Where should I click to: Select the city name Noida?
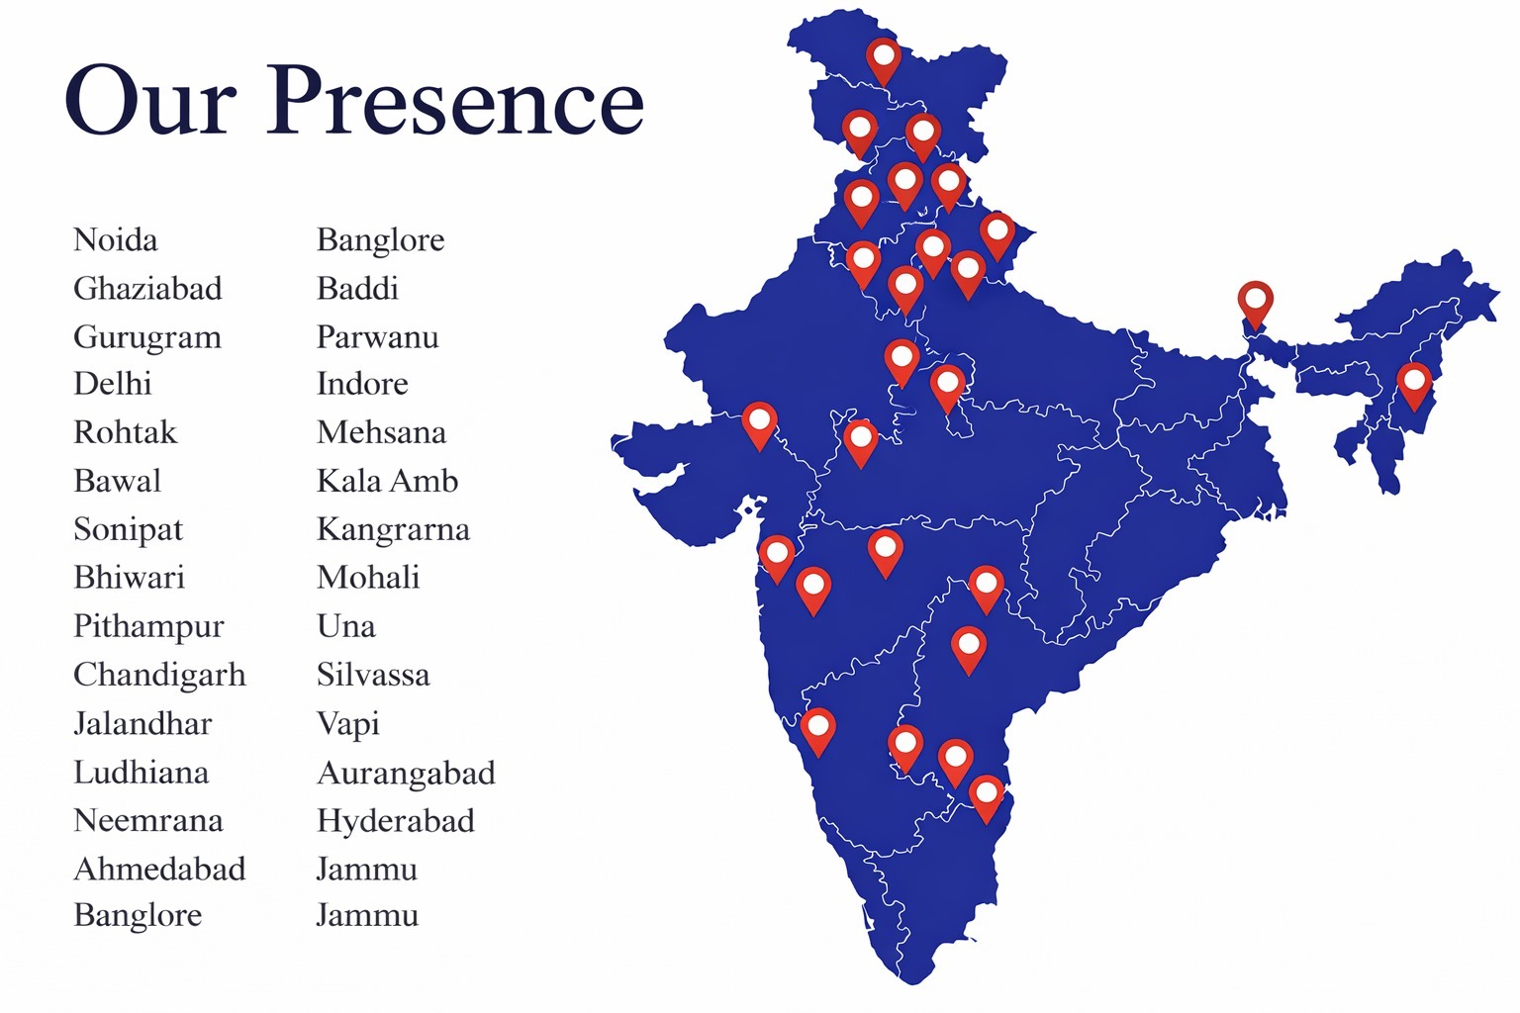pyautogui.click(x=116, y=240)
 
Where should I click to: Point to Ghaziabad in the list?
pyautogui.click(x=147, y=289)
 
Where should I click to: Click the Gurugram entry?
pyautogui.click(x=147, y=337)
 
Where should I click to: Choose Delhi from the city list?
pyautogui.click(x=113, y=384)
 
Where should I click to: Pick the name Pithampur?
pyautogui.click(x=148, y=626)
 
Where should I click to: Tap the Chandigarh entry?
pyautogui.click(x=159, y=675)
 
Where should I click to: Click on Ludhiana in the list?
pyautogui.click(x=142, y=772)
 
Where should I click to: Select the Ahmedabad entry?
pyautogui.click(x=159, y=869)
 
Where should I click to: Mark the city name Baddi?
pyautogui.click(x=357, y=289)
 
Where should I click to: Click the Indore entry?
pyautogui.click(x=362, y=384)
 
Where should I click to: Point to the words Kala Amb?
pyautogui.click(x=388, y=481)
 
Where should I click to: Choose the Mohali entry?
pyautogui.click(x=368, y=578)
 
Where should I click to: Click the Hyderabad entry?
pyautogui.click(x=396, y=820)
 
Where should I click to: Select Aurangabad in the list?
pyautogui.click(x=406, y=773)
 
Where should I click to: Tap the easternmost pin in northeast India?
pyautogui.click(x=1414, y=383)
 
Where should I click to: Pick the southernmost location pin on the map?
pyautogui.click(x=986, y=796)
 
